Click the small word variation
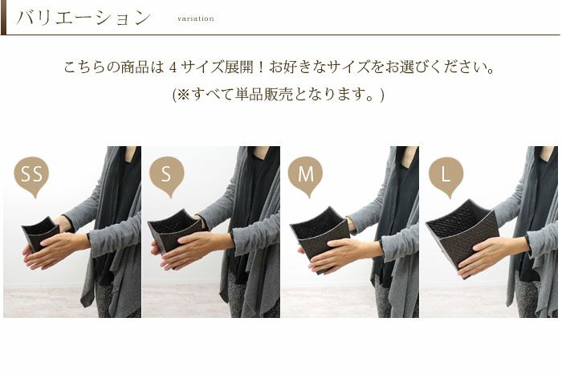[x=196, y=18]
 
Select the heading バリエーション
[x=83, y=18]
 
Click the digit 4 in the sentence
[x=173, y=67]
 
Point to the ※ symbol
[x=183, y=94]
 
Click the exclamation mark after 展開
[x=261, y=67]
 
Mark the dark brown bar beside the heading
[x=3, y=17]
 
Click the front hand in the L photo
[x=491, y=255]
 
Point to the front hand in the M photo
[x=344, y=255]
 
